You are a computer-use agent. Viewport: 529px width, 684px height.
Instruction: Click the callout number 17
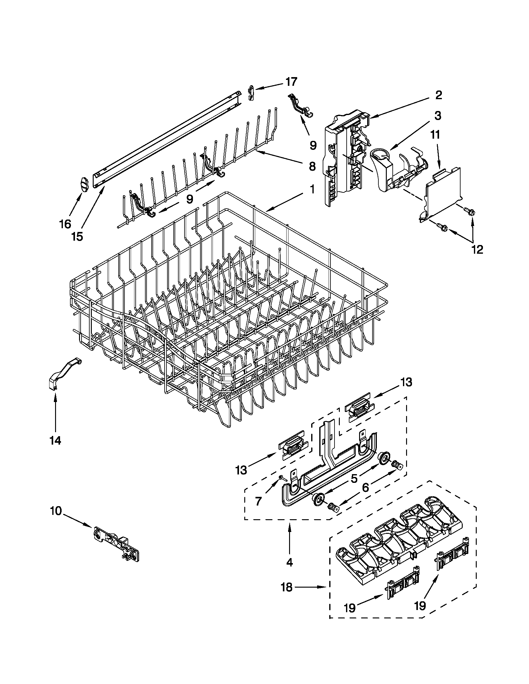pyautogui.click(x=291, y=82)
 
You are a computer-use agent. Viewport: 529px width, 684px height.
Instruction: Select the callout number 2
pyautogui.click(x=438, y=95)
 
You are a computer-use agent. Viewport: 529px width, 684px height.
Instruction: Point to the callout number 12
pyautogui.click(x=478, y=249)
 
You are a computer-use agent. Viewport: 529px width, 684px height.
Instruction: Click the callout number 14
pyautogui.click(x=55, y=441)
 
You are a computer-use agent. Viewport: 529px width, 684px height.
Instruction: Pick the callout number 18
pyautogui.click(x=286, y=587)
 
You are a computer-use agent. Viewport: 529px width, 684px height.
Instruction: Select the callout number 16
pyautogui.click(x=65, y=224)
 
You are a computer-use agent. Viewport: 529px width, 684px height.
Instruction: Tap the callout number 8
pyautogui.click(x=312, y=166)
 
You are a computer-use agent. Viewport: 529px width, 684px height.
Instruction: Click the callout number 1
pyautogui.click(x=312, y=190)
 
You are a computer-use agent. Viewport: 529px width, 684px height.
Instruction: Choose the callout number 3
pyautogui.click(x=438, y=116)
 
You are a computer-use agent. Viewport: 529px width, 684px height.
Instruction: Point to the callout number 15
pyautogui.click(x=77, y=237)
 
